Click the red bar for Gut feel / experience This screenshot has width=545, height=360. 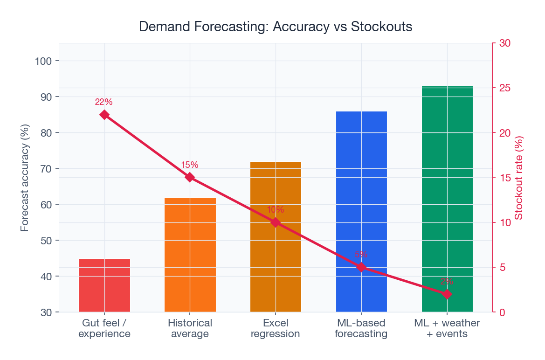point(104,285)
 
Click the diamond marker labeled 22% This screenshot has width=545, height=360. point(104,115)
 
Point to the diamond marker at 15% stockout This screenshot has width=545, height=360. point(190,177)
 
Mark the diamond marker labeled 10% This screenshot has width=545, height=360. point(276,222)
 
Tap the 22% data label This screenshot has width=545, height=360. point(103,102)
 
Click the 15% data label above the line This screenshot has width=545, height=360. point(190,165)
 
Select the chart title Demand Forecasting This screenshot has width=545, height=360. point(276,27)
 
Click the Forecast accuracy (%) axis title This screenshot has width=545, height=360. point(25,178)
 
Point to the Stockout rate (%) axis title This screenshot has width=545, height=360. point(519,178)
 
